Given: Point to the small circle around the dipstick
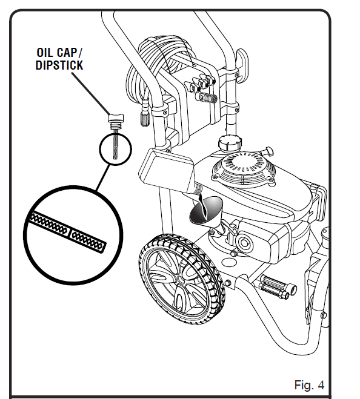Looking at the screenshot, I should pos(114,149).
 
